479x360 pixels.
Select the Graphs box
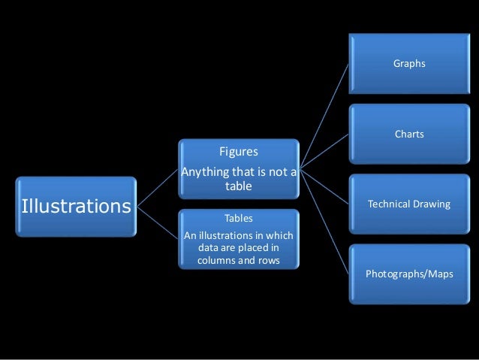pos(408,63)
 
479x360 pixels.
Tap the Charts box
pos(408,134)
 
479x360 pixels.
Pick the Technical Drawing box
pos(408,204)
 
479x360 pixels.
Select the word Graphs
pos(409,64)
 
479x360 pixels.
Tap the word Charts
pos(409,135)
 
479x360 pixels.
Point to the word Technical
pos(387,204)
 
